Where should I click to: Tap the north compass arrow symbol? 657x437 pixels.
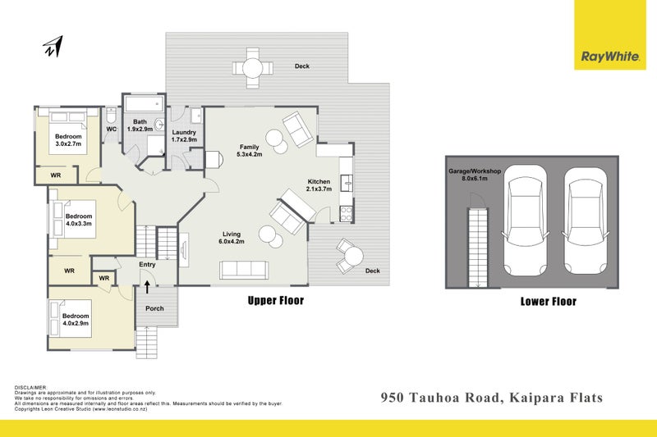[53, 48]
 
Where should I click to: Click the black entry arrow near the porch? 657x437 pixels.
[148, 286]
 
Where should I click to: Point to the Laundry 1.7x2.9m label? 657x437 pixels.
[183, 135]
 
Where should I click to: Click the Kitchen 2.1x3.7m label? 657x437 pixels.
[320, 185]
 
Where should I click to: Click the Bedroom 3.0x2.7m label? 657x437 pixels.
[68, 139]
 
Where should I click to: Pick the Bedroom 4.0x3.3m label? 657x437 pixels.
[80, 221]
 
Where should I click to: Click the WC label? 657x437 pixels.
[111, 129]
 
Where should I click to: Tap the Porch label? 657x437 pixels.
[154, 309]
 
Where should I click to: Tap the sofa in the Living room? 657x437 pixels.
[243, 269]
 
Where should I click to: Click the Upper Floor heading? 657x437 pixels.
[276, 301]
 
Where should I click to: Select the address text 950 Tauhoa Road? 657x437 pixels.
[443, 398]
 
